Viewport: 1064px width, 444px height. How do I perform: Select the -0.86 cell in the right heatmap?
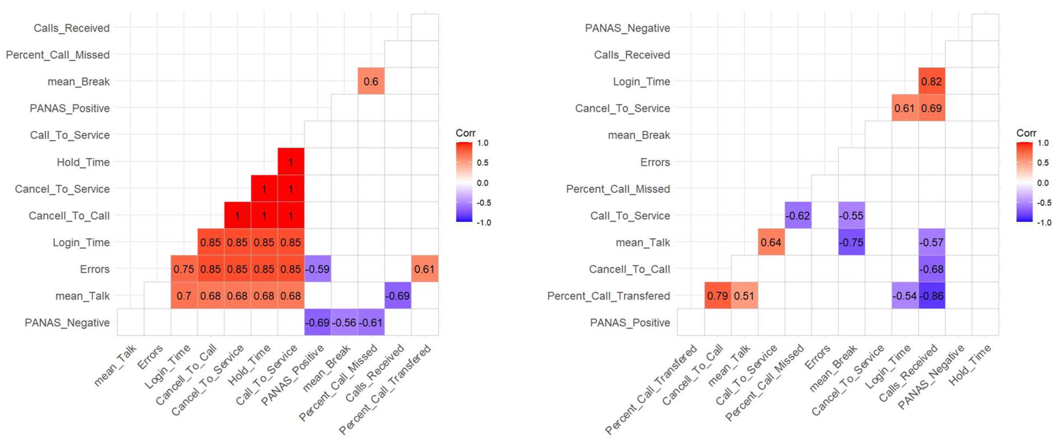tap(931, 296)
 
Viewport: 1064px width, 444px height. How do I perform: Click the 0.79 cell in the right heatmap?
tap(717, 296)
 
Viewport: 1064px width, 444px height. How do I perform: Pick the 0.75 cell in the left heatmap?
tap(183, 269)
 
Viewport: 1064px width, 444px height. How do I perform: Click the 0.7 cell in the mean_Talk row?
tap(183, 296)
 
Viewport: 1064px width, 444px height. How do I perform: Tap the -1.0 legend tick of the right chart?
tap(1044, 222)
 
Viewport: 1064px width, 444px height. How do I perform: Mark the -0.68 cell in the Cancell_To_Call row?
tap(931, 269)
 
